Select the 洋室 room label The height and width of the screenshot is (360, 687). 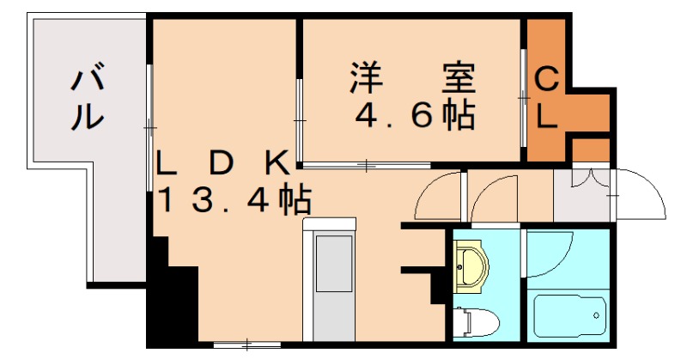[x=410, y=79]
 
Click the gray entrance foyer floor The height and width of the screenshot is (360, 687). [x=581, y=196]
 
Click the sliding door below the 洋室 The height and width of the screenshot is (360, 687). [x=367, y=163]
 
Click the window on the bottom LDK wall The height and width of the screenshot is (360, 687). [x=246, y=345]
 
